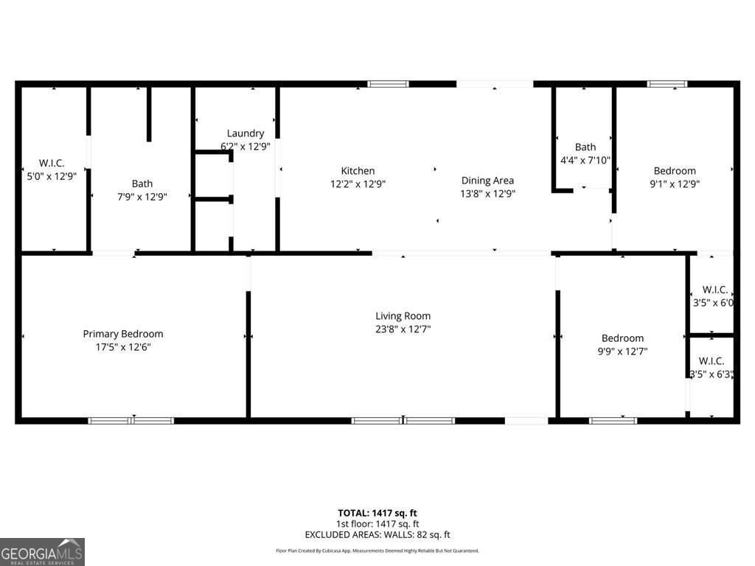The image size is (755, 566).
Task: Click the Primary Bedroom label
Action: (122, 334)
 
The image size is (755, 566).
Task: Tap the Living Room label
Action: (403, 316)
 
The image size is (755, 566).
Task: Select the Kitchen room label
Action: (358, 171)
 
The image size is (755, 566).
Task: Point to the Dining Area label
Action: (487, 181)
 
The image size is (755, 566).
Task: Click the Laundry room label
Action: (246, 133)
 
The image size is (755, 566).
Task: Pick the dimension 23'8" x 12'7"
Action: (403, 329)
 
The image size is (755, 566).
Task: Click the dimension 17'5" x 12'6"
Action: (122, 347)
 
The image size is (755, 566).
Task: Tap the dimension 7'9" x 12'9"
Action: (142, 197)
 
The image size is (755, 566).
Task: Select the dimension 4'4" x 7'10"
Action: (585, 160)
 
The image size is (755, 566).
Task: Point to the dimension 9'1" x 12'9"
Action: (675, 184)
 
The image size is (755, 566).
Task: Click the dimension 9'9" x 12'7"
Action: (622, 352)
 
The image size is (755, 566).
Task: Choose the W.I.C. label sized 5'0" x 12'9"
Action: (52, 163)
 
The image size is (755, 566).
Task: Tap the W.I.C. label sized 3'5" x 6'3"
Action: (711, 361)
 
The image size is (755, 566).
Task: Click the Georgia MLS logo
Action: (43, 552)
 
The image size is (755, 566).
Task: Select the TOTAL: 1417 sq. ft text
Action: (377, 513)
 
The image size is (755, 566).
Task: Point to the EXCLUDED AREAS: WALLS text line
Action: (377, 535)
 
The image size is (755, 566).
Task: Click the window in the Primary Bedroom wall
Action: (131, 421)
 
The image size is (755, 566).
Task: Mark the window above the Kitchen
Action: (388, 84)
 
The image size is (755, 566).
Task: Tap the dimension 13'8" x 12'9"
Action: (487, 194)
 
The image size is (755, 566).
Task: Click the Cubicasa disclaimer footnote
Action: (377, 551)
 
